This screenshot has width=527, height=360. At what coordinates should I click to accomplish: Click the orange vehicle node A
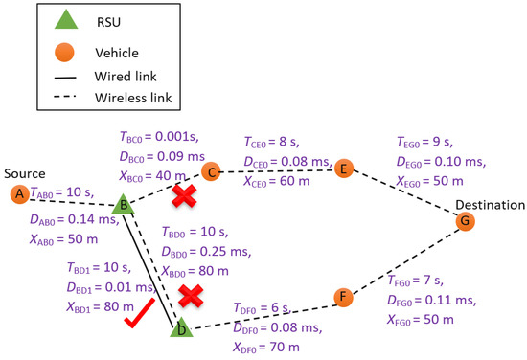(x=18, y=194)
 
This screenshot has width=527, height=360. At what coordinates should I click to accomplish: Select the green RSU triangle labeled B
(x=123, y=204)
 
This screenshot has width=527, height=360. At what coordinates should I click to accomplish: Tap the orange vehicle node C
(x=210, y=172)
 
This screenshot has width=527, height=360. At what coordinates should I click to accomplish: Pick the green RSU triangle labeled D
(x=181, y=328)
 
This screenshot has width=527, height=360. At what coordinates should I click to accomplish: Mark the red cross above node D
(x=192, y=296)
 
